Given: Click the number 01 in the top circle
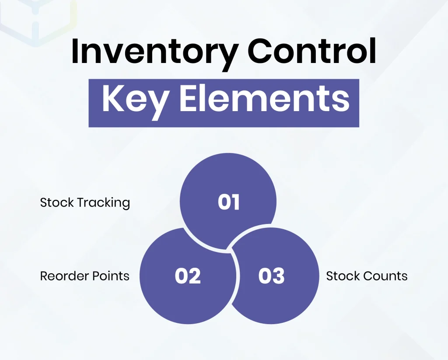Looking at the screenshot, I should point(229,203).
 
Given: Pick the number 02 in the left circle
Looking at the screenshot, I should point(188,276).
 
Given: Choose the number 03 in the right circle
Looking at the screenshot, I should point(271,276).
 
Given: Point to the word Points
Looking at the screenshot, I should point(112,276).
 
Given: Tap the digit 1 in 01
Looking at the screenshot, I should point(235,203).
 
